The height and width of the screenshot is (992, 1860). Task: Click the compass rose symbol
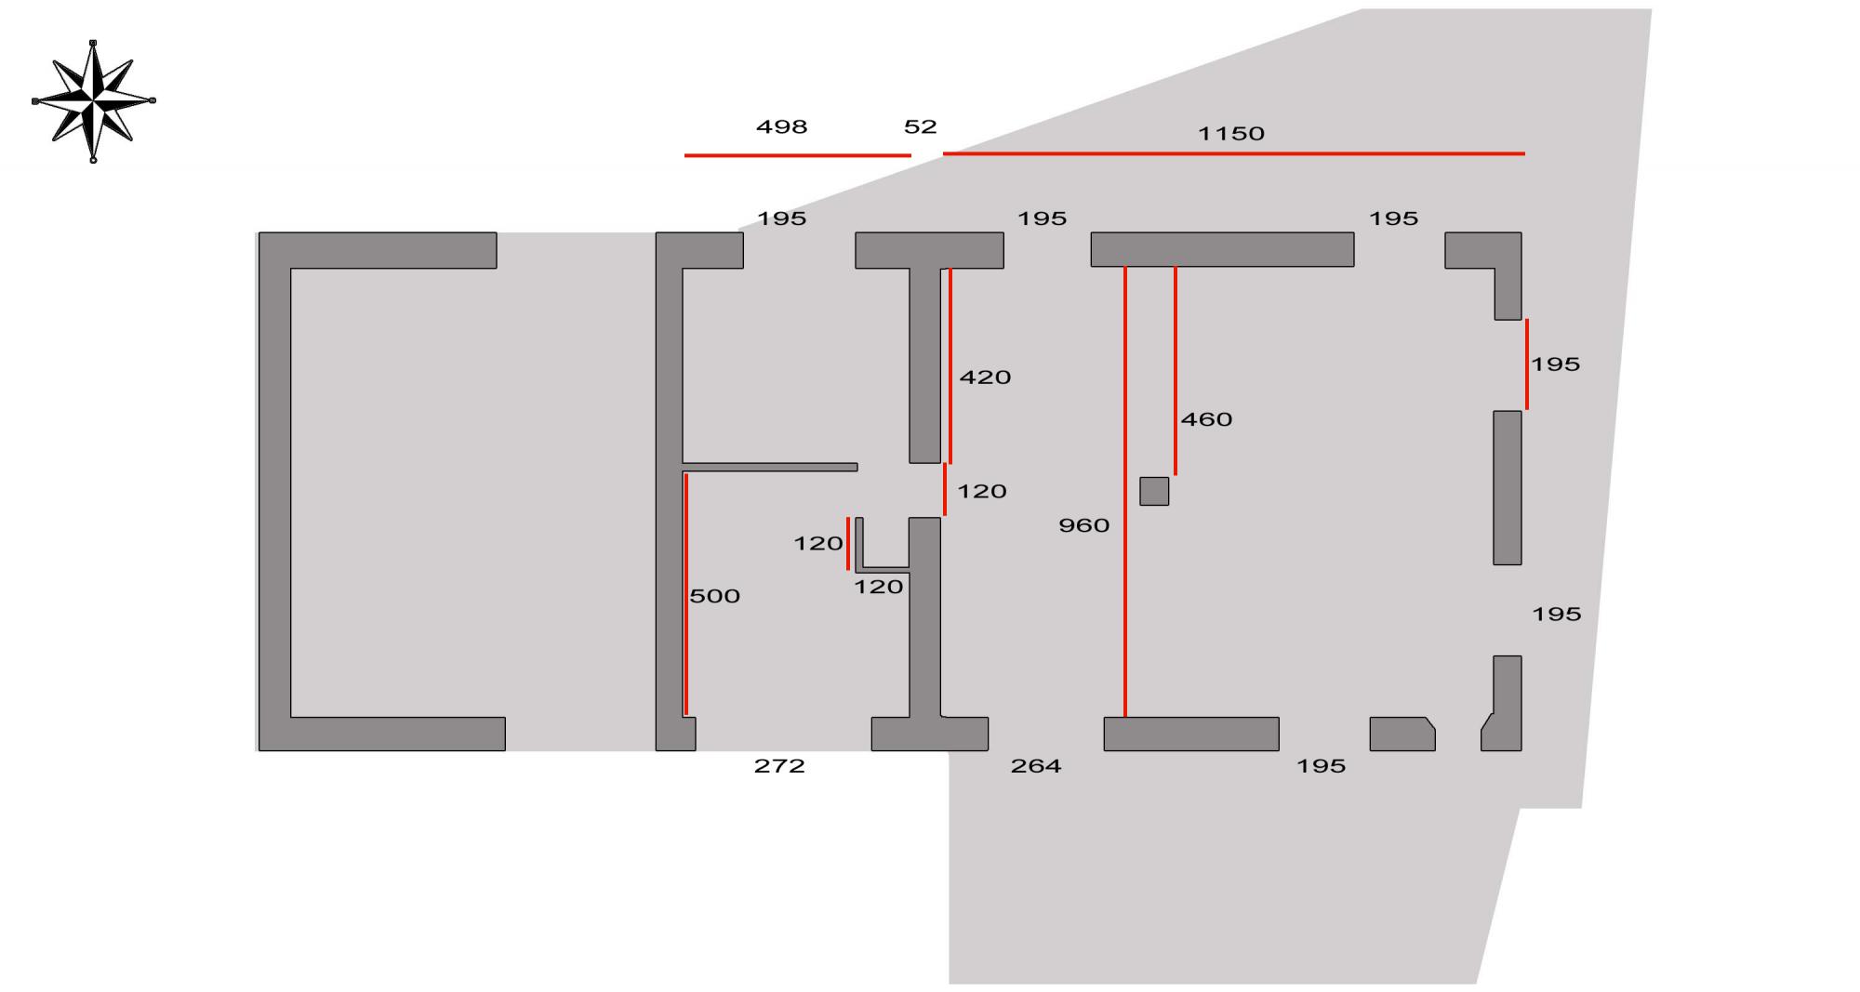tap(93, 100)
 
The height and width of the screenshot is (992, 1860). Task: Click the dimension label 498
tap(781, 127)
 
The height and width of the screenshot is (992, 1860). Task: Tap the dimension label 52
tap(920, 127)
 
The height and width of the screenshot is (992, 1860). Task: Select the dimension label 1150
tap(1230, 134)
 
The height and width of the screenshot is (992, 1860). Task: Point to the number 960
tap(1083, 526)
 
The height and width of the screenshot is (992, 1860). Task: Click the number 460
tap(1206, 420)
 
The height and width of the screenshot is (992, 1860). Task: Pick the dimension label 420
tap(985, 377)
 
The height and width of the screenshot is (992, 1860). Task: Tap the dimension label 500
tap(714, 597)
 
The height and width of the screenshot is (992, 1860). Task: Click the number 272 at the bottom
tap(779, 766)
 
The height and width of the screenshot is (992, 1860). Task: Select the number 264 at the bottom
tap(1036, 766)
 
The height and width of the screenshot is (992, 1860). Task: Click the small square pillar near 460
tap(1154, 491)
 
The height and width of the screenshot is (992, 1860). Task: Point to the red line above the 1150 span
tap(1233, 153)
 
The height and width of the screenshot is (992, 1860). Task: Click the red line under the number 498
tap(797, 155)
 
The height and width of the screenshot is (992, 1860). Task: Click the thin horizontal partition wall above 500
tap(769, 467)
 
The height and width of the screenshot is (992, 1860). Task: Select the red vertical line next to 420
tap(950, 365)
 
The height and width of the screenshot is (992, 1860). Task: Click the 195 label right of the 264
tap(1321, 766)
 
